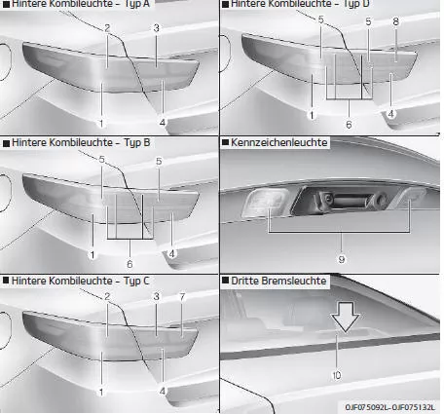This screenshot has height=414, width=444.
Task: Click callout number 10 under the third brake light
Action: pos(337,375)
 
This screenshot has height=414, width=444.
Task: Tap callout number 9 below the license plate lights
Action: pos(342,259)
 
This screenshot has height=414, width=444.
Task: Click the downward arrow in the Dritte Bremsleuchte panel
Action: pos(345,317)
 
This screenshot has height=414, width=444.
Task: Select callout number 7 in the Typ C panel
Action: pos(182,297)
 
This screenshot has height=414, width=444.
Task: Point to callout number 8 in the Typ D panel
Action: pos(395,21)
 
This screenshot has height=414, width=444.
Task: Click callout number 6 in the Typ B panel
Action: pos(129,264)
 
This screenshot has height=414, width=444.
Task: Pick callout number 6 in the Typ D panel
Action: pos(349,125)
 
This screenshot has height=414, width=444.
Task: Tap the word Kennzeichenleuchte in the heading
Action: pos(278,142)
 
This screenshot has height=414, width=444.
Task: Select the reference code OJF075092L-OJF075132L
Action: pos(389,407)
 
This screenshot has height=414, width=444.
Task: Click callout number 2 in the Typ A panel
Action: pos(107,28)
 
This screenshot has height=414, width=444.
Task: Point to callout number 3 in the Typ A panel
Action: pos(157,28)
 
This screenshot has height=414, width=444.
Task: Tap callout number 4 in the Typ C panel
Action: pos(163,392)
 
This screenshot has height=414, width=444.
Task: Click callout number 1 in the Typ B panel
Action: pos(92,255)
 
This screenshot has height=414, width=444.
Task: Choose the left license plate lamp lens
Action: pos(265,203)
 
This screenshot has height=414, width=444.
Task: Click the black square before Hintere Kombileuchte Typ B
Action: pos(6,143)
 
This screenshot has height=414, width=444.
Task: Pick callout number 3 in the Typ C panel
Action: pos(157,296)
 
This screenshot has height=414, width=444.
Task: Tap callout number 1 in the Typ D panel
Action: pos(312,115)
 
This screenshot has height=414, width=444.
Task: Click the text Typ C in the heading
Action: pos(136,281)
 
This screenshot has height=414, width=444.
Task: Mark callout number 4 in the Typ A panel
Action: pos(163,123)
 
